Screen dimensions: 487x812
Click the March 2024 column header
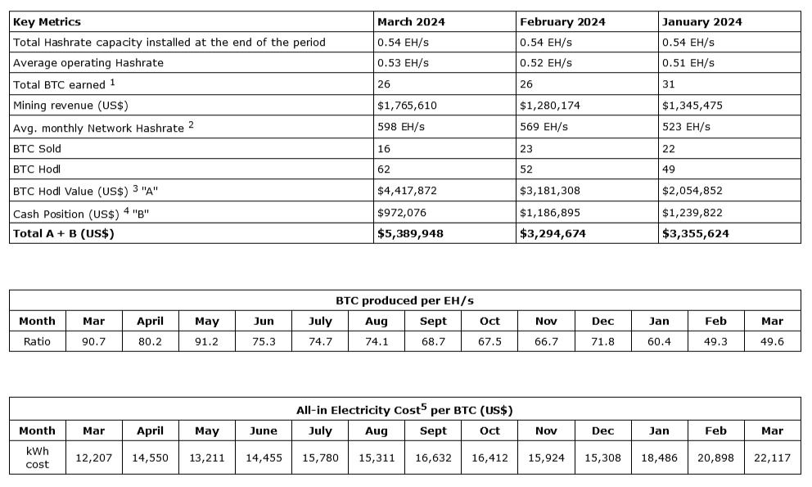pos(410,22)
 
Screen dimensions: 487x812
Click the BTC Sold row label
pos(38,149)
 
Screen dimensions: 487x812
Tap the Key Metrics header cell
pos(47,22)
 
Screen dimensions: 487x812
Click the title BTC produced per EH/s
pos(405,300)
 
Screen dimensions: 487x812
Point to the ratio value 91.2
pos(206,341)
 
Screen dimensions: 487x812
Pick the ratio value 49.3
pos(715,341)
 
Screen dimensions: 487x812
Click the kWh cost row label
pos(37,458)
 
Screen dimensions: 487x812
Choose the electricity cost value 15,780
pos(320,458)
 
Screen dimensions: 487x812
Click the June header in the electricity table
pos(263,431)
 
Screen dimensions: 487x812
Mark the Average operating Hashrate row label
pos(88,63)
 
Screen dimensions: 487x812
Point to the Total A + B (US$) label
pos(63,233)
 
